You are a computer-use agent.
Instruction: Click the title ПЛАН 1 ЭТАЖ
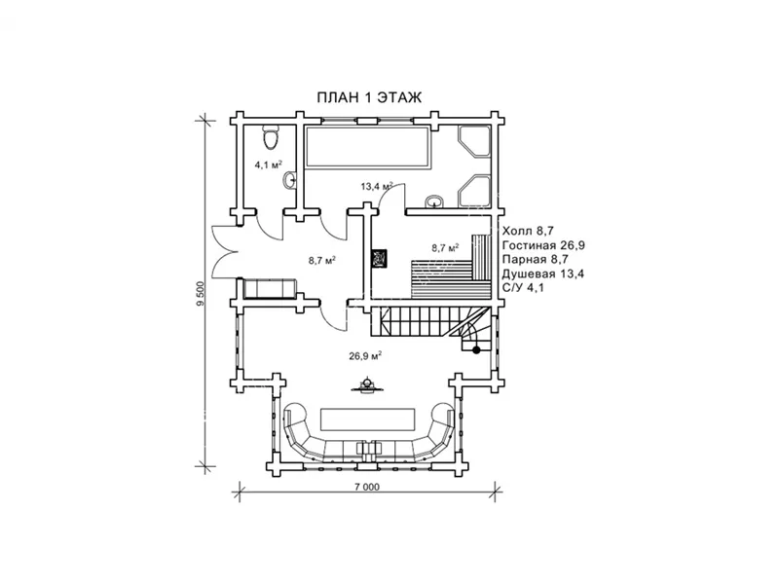pyautogui.click(x=369, y=97)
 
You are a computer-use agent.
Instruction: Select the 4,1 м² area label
pyautogui.click(x=269, y=164)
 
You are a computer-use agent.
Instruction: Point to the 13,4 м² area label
pyautogui.click(x=377, y=186)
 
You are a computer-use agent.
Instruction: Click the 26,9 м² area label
pyautogui.click(x=365, y=355)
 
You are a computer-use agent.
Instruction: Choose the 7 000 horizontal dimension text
pyautogui.click(x=367, y=488)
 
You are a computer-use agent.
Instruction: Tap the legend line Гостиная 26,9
pyautogui.click(x=543, y=245)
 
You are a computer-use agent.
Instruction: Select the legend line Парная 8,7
pyautogui.click(x=535, y=259)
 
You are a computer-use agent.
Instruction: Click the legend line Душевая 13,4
pyautogui.click(x=543, y=274)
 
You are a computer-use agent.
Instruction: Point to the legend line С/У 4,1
pyautogui.click(x=523, y=287)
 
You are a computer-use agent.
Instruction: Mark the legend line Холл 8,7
pyautogui.click(x=528, y=231)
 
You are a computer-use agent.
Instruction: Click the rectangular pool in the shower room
pyautogui.click(x=367, y=148)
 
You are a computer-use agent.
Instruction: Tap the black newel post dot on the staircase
pyautogui.click(x=476, y=350)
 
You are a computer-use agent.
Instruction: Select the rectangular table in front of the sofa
pyautogui.click(x=368, y=420)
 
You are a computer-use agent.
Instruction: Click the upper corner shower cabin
pyautogui.click(x=474, y=142)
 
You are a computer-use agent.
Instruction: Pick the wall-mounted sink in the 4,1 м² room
pyautogui.click(x=289, y=180)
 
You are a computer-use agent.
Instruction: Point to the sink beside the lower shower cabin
pyautogui.click(x=434, y=201)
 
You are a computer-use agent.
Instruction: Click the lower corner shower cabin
pyautogui.click(x=474, y=191)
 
